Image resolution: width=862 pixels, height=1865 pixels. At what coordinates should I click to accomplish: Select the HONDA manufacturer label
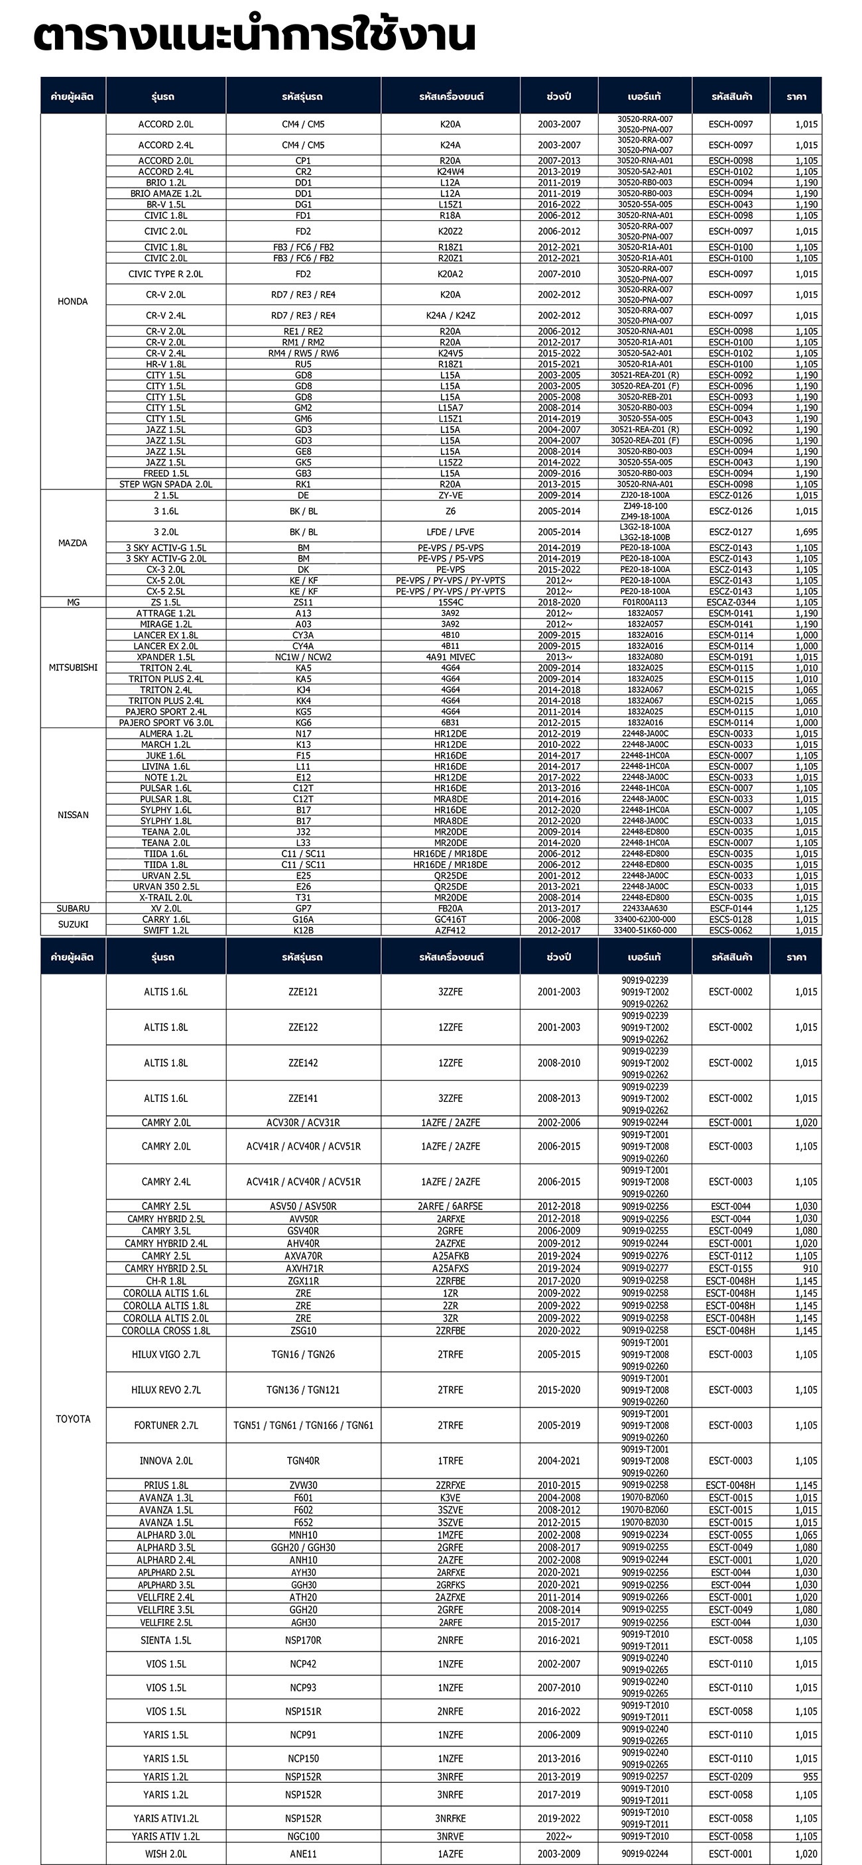(x=72, y=301)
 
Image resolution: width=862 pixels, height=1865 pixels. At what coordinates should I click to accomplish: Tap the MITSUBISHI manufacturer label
(x=72, y=668)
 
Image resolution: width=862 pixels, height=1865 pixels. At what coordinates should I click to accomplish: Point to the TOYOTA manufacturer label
(x=73, y=1418)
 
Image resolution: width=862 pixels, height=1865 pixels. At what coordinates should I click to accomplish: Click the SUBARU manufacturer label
(x=73, y=908)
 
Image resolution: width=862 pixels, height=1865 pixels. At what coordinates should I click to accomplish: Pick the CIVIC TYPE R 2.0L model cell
(x=165, y=274)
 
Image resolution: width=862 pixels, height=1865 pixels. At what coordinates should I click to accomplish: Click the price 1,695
(x=806, y=532)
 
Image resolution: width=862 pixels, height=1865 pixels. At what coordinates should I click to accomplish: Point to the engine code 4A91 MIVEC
(x=450, y=656)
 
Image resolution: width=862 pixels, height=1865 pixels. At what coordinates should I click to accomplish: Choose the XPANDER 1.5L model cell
(x=165, y=656)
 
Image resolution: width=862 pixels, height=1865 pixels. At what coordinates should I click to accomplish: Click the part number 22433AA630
(x=645, y=908)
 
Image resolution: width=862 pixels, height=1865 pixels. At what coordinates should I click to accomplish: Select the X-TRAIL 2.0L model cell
(x=165, y=897)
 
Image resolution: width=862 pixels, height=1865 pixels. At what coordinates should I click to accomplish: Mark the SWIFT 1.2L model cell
(x=165, y=930)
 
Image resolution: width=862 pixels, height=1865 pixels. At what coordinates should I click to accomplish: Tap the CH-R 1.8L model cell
(x=165, y=1281)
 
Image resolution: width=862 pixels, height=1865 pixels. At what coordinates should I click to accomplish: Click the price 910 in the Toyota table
(x=810, y=1268)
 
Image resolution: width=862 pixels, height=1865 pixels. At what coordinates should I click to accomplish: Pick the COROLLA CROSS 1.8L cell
(x=165, y=1330)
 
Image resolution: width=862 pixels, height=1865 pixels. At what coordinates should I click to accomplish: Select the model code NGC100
(x=303, y=1835)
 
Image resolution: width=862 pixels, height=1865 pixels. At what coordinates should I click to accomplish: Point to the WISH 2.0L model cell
(x=165, y=1854)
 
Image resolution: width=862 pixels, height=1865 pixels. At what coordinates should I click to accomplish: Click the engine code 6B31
(x=450, y=723)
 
